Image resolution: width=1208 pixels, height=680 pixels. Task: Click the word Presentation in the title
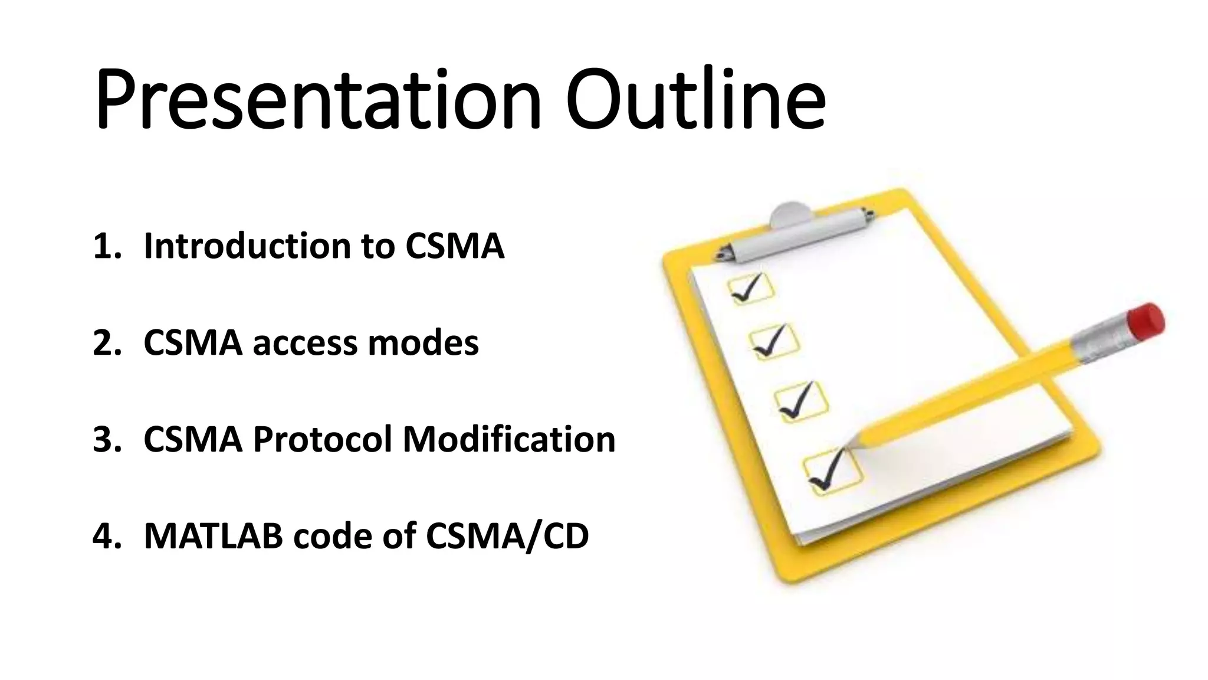[317, 100]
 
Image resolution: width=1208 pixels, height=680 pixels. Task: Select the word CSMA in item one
[454, 246]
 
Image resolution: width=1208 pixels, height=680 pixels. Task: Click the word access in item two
[304, 343]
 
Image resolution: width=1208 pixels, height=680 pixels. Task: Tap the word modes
[423, 343]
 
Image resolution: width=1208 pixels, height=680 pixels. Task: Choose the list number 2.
[106, 343]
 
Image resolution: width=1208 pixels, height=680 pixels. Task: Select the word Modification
[508, 440]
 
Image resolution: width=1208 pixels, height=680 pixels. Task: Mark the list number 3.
[106, 440]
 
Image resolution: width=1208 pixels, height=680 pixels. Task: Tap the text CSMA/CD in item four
[507, 537]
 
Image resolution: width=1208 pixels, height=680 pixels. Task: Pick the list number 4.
[106, 537]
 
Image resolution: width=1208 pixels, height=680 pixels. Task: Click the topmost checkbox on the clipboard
[750, 289]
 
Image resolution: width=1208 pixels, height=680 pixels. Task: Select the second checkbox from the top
[774, 342]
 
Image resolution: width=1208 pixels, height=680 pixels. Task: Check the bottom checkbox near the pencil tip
[832, 472]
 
